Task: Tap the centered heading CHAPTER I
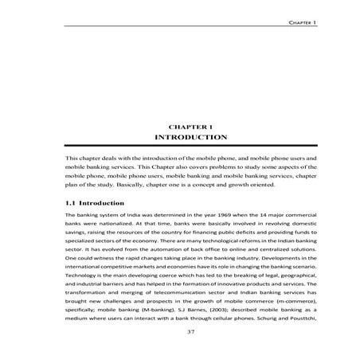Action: [191, 127]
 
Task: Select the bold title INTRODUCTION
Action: [191, 138]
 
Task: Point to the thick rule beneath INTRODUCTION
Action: [191, 147]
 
